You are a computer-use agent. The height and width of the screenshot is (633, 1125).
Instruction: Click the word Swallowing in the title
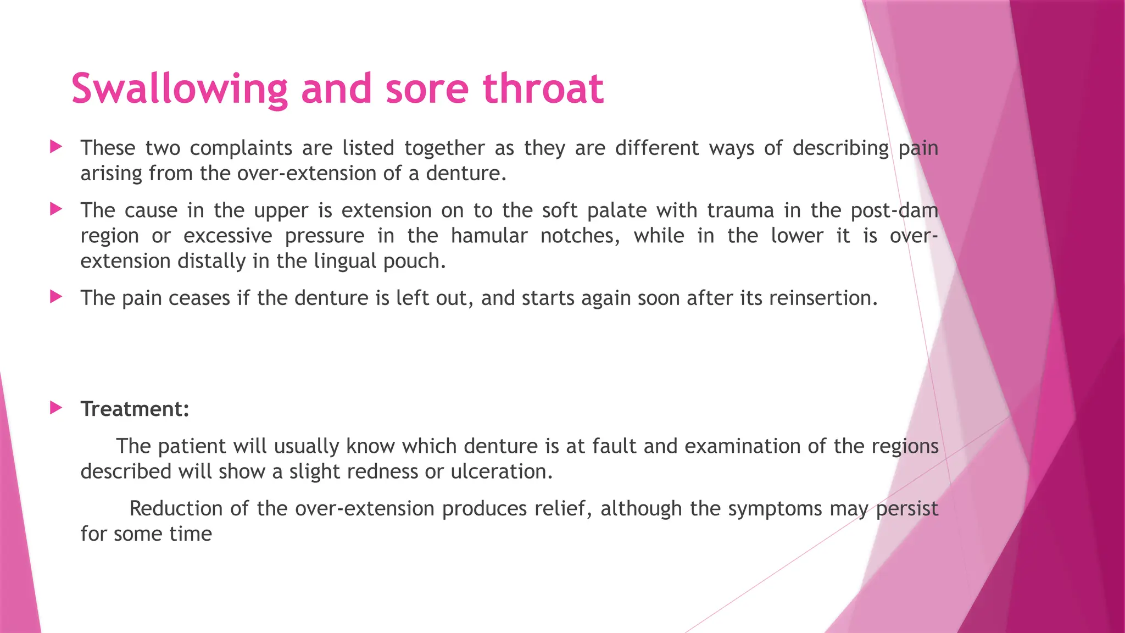click(x=179, y=89)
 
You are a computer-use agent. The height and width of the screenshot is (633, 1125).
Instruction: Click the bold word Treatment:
click(x=135, y=409)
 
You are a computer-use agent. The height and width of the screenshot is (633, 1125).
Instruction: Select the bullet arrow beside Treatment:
click(x=56, y=408)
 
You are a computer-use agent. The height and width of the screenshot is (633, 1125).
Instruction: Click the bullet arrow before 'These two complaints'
click(x=56, y=147)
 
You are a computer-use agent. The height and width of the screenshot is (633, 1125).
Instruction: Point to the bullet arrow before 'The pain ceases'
click(x=56, y=297)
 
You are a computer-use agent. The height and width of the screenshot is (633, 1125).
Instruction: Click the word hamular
click(x=488, y=236)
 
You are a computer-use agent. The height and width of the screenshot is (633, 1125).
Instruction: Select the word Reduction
click(x=176, y=509)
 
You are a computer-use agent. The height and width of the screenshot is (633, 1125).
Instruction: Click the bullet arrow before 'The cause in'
click(x=56, y=209)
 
